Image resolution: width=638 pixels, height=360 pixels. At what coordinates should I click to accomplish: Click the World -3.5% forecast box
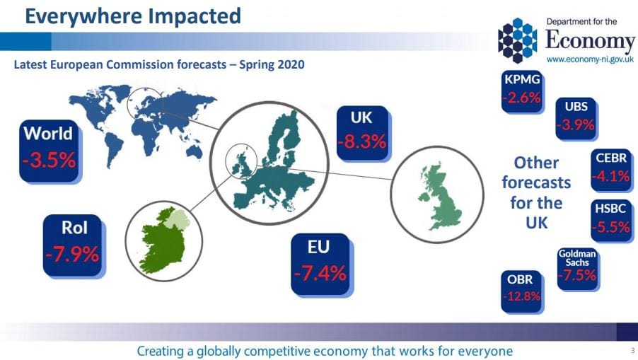click(48, 149)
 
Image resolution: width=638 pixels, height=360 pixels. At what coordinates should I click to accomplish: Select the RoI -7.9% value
click(71, 253)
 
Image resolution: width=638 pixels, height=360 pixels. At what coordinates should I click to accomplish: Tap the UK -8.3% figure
click(361, 141)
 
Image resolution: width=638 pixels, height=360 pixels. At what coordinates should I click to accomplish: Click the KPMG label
click(521, 79)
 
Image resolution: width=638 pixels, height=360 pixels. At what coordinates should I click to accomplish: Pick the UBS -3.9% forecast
click(576, 126)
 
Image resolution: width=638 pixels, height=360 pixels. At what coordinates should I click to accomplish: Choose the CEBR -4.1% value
click(612, 175)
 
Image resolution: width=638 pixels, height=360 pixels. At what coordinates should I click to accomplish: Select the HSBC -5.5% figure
click(612, 227)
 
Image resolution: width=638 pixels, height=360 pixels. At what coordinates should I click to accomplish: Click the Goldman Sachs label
click(577, 258)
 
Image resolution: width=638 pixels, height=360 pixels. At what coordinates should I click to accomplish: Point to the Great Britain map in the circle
click(436, 196)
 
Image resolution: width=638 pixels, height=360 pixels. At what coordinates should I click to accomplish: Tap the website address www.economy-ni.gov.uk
click(590, 59)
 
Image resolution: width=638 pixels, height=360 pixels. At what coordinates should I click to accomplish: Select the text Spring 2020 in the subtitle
click(272, 66)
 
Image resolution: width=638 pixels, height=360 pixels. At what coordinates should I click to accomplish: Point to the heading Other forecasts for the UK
click(536, 192)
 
